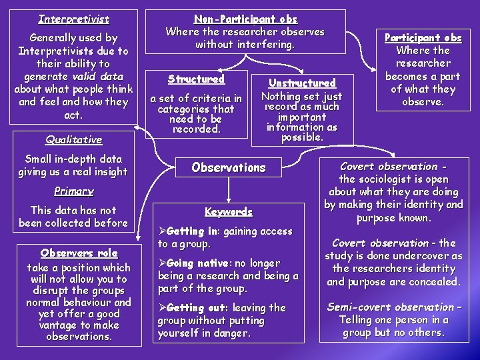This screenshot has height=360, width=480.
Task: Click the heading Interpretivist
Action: point(73,19)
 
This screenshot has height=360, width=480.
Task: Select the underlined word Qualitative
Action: point(73,140)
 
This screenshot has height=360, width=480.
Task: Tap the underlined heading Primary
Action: point(73,191)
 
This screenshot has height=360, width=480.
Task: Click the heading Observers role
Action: point(79,253)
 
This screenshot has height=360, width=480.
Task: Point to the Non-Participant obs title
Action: point(245,19)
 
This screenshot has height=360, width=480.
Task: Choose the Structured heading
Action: point(196,79)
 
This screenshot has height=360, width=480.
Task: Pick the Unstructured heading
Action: point(301,83)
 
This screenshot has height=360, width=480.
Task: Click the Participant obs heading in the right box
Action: point(423,37)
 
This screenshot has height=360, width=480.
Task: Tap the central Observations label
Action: point(228,167)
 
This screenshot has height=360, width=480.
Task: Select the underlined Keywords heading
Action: point(229,212)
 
